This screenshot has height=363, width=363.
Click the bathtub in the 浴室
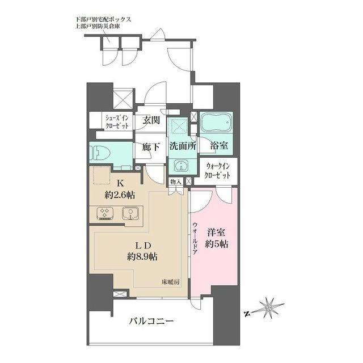click(216, 123)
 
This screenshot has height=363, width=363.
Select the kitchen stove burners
click(105, 213)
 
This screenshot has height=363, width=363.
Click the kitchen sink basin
click(130, 213)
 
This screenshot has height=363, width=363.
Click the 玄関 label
click(151, 120)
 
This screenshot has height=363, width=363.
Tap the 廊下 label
click(151, 147)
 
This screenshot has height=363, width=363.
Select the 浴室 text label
click(219, 145)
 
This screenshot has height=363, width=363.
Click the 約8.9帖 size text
click(142, 256)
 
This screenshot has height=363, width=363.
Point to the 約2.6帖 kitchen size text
click(120, 195)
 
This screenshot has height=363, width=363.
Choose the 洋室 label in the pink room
click(216, 233)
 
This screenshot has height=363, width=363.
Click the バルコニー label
click(151, 321)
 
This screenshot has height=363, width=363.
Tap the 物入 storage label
click(176, 181)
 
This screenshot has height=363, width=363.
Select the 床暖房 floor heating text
click(170, 282)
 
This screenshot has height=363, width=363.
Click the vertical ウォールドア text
click(195, 238)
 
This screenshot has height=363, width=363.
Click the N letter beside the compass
click(247, 314)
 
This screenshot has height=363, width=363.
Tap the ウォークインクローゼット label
click(217, 171)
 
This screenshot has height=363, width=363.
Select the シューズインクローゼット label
click(117, 122)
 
